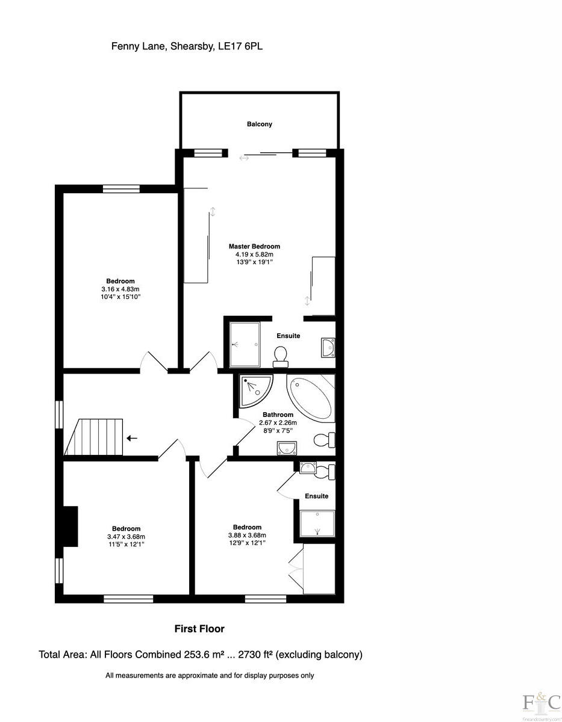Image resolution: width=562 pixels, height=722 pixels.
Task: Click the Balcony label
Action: coord(259,125)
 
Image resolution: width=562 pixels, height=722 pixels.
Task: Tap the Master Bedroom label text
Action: coord(254,246)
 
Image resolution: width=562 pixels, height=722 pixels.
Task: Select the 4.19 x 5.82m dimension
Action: coord(254,255)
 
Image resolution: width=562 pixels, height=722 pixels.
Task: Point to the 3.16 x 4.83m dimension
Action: coord(120,289)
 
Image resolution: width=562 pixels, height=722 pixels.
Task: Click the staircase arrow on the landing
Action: coord(132,438)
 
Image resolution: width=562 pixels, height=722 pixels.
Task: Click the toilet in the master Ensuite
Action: coord(281,356)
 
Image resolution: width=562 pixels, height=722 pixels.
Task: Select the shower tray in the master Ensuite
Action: coord(245,344)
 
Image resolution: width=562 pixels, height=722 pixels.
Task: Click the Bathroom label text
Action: coord(278,415)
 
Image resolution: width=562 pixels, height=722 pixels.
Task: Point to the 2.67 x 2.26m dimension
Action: coord(278,423)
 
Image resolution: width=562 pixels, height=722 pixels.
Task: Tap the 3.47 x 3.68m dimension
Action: coord(126,537)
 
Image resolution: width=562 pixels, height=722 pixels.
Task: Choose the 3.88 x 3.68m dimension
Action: coord(247,535)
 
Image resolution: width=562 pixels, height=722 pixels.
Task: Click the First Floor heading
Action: coord(199,629)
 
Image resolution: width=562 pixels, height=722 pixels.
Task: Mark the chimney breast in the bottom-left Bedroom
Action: coord(70,526)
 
